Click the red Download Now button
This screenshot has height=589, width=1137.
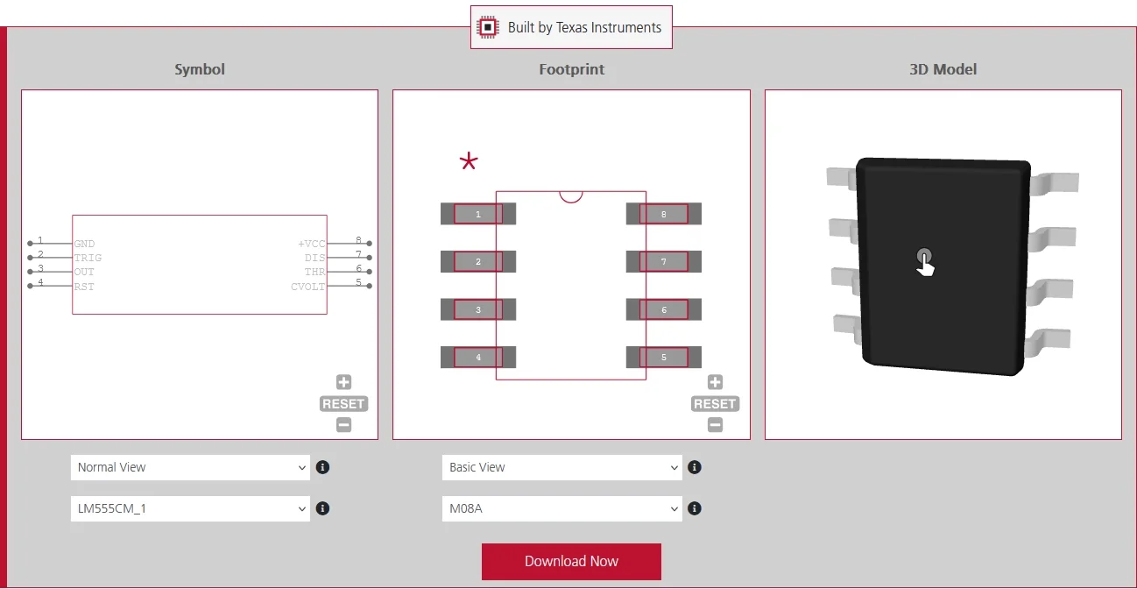(x=571, y=561)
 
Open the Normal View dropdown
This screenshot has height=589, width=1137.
(x=190, y=467)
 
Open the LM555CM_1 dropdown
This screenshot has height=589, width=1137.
(x=190, y=508)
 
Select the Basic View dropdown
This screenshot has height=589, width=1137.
(x=561, y=467)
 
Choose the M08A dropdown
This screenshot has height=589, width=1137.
(x=561, y=508)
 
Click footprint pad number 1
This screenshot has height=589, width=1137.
(x=478, y=214)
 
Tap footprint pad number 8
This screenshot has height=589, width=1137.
(x=664, y=214)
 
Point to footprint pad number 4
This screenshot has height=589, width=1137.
(x=478, y=357)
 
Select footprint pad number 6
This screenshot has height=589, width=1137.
(x=664, y=309)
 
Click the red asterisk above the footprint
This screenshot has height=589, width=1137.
(x=469, y=161)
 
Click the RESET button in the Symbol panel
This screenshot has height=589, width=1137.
(x=343, y=404)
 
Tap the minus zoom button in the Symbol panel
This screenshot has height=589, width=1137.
(x=343, y=424)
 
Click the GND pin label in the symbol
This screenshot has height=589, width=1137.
(x=84, y=244)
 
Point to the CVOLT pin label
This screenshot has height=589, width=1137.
(x=307, y=287)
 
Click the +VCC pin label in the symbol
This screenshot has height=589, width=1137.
(x=311, y=244)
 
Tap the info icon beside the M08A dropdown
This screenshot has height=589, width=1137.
(x=695, y=508)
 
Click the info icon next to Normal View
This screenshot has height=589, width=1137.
(x=322, y=467)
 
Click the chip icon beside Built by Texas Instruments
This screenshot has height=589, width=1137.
(x=488, y=27)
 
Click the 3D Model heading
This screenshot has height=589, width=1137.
(x=943, y=69)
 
